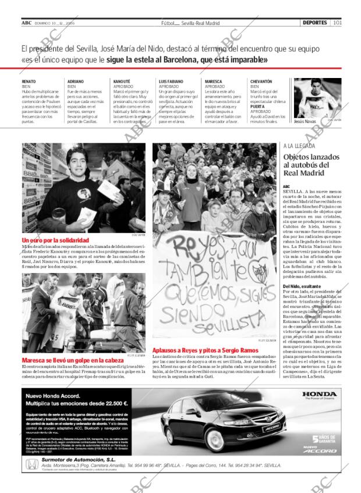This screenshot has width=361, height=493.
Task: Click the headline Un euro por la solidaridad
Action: [55, 240]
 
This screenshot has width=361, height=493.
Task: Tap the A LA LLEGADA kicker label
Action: [299, 146]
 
